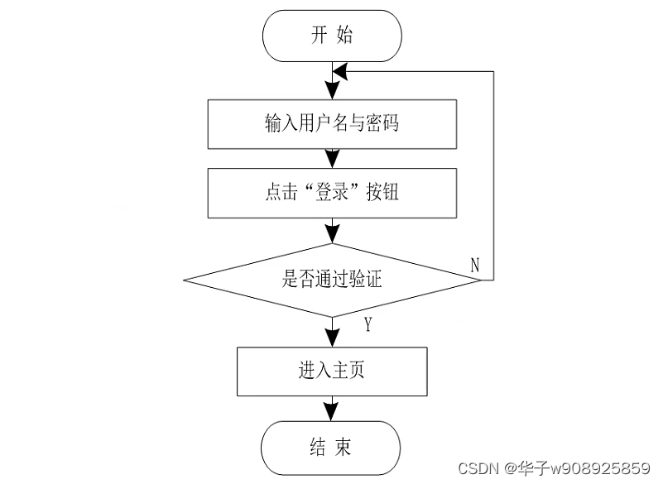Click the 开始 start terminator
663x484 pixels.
332,35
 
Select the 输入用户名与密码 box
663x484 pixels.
332,124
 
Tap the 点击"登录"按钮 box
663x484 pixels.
332,193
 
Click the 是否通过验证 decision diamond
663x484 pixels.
332,280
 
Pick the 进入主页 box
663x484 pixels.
332,371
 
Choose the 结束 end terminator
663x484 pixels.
332,448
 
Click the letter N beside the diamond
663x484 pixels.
475,265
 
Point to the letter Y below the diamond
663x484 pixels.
368,324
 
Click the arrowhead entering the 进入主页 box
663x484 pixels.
332,339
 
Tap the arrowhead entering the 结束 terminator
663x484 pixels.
332,413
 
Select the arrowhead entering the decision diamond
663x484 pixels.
332,234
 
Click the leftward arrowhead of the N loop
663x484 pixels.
339,72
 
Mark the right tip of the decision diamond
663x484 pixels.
481,280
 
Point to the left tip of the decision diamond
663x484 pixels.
184,280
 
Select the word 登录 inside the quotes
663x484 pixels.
333,193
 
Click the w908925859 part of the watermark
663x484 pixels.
600,468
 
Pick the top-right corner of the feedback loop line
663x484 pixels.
494,72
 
